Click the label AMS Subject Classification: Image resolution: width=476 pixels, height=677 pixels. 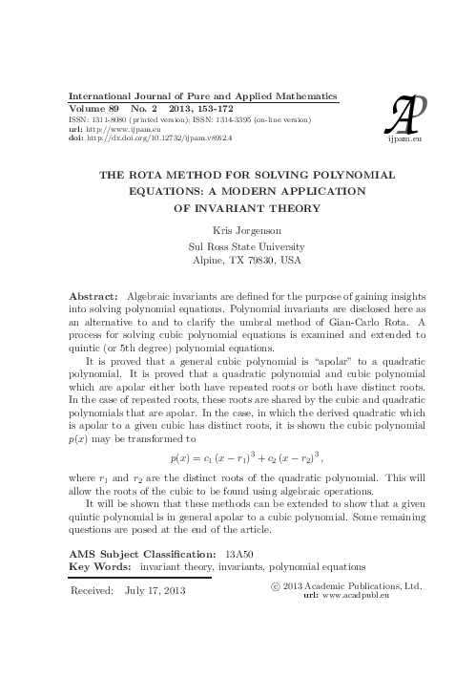151,552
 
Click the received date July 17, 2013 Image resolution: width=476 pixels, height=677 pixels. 156,591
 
